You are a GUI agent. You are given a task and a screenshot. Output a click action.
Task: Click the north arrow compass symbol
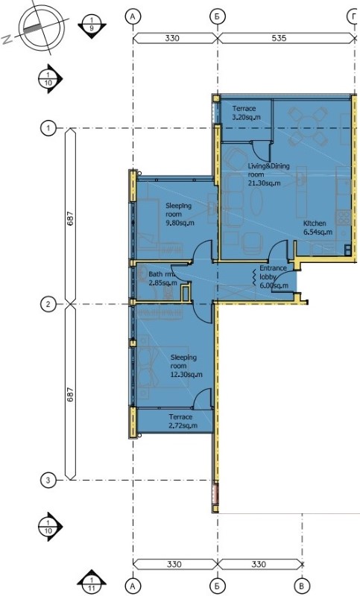42,28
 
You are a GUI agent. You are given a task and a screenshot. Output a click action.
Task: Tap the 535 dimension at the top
279,38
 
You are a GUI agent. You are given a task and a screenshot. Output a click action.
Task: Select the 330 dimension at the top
172,38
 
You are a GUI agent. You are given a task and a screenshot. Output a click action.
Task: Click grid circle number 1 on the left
48,128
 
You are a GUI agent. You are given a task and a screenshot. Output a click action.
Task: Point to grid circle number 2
48,304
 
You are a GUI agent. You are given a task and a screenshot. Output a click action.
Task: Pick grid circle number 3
48,480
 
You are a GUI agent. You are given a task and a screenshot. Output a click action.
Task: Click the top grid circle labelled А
133,16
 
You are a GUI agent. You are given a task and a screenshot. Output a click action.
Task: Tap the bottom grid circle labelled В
302,586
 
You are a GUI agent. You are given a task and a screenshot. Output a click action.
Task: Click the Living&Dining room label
268,174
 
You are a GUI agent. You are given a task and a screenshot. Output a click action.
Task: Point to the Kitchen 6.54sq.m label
318,227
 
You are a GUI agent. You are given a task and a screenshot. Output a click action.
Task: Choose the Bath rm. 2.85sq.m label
162,278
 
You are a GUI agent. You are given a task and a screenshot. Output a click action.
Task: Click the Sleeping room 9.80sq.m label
180,215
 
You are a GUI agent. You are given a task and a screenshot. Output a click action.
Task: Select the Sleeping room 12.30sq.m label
186,366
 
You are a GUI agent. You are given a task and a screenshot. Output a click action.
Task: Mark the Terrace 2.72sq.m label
183,421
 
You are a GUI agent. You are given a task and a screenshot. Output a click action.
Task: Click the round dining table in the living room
309,124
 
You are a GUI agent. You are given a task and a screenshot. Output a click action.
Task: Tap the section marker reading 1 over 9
92,26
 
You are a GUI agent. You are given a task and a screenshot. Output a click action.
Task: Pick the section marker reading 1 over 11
92,583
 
